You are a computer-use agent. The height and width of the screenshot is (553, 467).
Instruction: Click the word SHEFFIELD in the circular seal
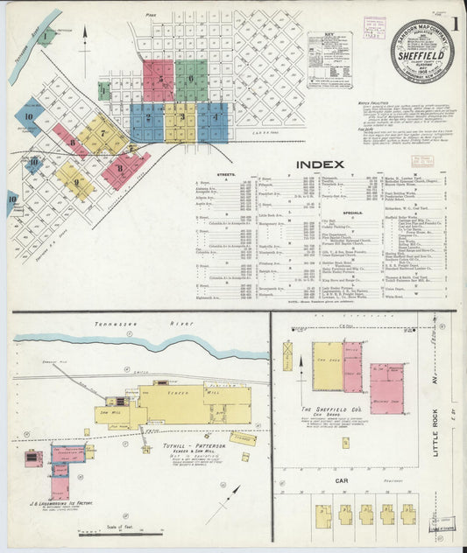422,51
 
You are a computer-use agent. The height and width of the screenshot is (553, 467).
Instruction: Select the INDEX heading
321,164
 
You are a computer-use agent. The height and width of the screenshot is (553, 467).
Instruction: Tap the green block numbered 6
191,80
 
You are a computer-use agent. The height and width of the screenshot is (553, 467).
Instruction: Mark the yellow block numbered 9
74,181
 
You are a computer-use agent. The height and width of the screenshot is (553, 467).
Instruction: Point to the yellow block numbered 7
103,134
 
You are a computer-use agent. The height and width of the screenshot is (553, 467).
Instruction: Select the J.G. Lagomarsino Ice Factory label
62,504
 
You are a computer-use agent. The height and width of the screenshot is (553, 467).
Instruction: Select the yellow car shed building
328,366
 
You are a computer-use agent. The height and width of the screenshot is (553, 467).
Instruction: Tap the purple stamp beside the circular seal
374,26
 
